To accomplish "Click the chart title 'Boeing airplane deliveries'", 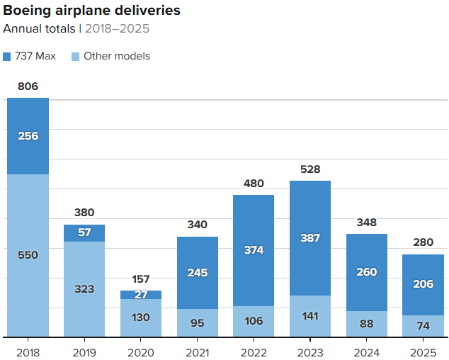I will click(91, 11).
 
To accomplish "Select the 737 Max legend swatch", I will click(7, 56).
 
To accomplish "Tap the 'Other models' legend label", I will click(117, 56).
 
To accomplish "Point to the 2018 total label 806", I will click(28, 86).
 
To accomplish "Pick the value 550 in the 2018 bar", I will click(28, 255).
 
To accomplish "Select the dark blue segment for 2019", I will click(84, 233).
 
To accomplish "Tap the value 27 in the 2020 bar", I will click(141, 295).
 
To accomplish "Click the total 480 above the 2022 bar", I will click(254, 183).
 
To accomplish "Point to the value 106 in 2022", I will click(254, 322).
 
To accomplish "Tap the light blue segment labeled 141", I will click(310, 316).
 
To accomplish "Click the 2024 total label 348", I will click(367, 223).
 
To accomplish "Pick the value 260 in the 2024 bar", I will click(367, 272).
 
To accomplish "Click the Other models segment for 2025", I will click(423, 326).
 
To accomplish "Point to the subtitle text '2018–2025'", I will click(117, 29).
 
